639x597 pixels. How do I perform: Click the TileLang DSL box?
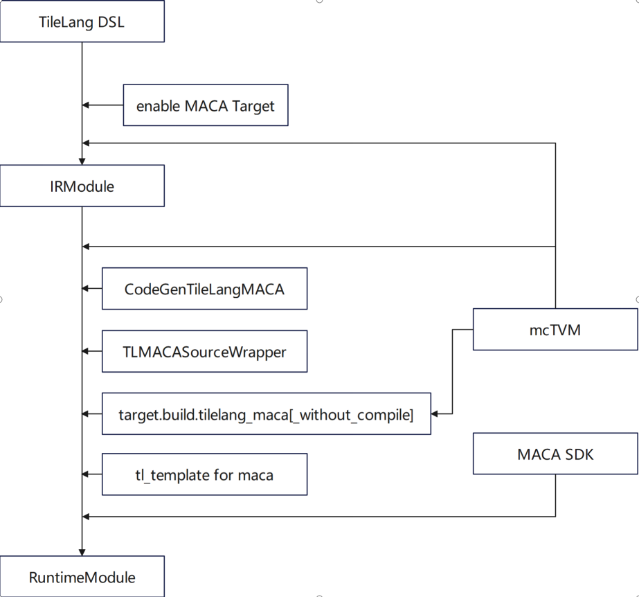pyautogui.click(x=82, y=21)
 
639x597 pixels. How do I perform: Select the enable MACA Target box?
pyautogui.click(x=205, y=105)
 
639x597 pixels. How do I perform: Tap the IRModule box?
pyautogui.click(x=82, y=186)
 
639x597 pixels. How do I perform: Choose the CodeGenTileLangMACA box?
pyautogui.click(x=204, y=288)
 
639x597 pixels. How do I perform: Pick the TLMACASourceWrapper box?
pyautogui.click(x=204, y=351)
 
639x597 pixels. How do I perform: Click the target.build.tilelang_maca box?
pyautogui.click(x=266, y=413)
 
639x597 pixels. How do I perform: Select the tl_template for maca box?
pyautogui.click(x=204, y=474)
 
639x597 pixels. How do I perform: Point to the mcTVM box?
pyautogui.click(x=555, y=329)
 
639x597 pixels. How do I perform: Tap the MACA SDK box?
pyautogui.click(x=555, y=455)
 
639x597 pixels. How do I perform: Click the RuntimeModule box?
pyautogui.click(x=82, y=576)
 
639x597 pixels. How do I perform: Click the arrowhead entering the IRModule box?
pyautogui.click(x=82, y=161)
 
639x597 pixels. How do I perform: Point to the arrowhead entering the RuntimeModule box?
pyautogui.click(x=82, y=552)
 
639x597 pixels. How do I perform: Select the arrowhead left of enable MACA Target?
pyautogui.click(x=86, y=105)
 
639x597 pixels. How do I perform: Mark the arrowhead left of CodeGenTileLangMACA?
pyautogui.click(x=86, y=288)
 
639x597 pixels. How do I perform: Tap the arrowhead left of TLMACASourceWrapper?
pyautogui.click(x=86, y=351)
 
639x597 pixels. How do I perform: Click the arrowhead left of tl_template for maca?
pyautogui.click(x=86, y=474)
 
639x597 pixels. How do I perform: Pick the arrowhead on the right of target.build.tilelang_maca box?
pyautogui.click(x=435, y=413)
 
